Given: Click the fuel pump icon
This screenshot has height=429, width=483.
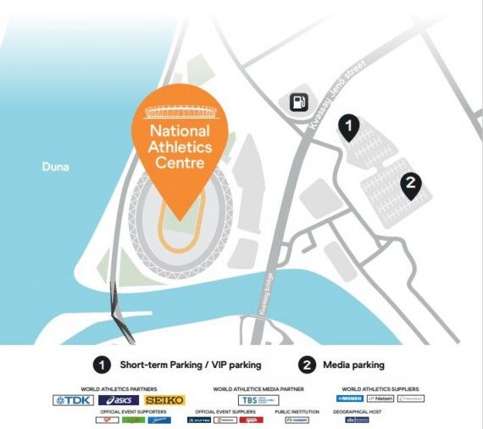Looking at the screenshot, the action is point(298,103).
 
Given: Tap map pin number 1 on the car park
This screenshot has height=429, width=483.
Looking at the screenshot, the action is point(347,126).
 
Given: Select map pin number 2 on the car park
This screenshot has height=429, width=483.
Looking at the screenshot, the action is point(410,182).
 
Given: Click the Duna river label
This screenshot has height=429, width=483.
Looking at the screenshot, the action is point(55,167).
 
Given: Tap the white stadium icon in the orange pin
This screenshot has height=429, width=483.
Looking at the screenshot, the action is point(179,112).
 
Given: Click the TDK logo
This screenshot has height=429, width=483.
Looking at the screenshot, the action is point(73,399).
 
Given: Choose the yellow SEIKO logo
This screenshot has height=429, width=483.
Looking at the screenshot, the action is point(164,399).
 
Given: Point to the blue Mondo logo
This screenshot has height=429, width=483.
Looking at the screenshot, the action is point(350,398).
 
